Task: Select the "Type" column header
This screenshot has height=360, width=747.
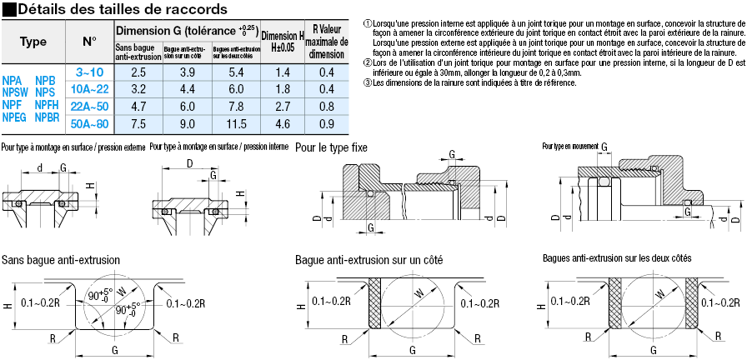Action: (x=33, y=41)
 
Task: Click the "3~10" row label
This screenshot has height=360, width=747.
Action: (x=89, y=72)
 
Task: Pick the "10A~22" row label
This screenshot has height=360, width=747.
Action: (x=89, y=89)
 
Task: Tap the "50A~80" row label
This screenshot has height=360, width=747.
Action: (x=89, y=123)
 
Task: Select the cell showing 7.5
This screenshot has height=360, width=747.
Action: (x=138, y=123)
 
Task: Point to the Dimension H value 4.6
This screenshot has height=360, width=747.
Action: (x=282, y=123)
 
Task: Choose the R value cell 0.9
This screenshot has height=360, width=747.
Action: (x=326, y=123)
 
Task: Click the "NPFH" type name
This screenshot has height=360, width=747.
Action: (x=48, y=104)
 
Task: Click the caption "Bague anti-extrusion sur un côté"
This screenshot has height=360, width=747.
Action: (x=368, y=260)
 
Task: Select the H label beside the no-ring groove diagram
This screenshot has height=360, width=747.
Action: (x=8, y=306)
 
